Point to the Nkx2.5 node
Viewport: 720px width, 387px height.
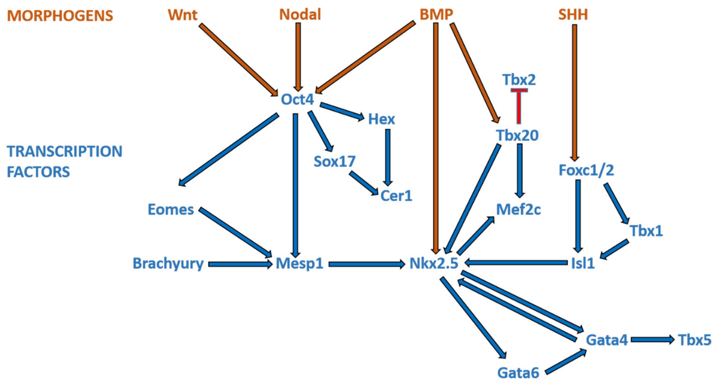coord(434,263)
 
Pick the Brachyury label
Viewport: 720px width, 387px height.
coord(168,263)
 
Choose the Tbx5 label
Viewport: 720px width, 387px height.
coord(695,340)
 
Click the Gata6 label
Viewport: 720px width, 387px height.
coord(518,373)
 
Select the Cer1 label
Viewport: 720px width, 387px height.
coord(396,196)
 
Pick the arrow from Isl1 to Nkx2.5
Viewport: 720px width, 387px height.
coord(516,263)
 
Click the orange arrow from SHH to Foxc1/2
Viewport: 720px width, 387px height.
coord(574,92)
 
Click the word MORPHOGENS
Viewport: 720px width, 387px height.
coord(60,16)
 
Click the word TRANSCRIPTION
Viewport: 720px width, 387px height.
coord(65,151)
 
